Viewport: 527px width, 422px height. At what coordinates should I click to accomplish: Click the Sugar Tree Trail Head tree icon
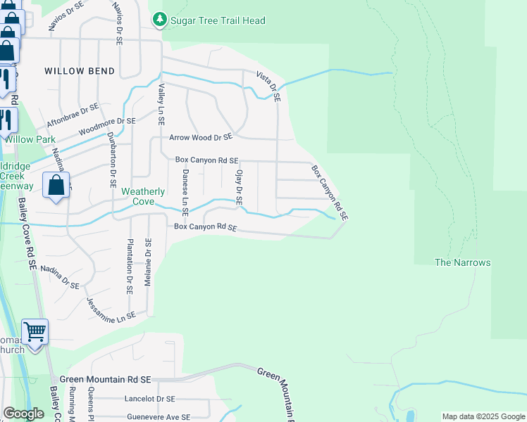tap(161, 20)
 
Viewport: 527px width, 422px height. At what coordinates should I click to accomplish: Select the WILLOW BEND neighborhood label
tap(75, 71)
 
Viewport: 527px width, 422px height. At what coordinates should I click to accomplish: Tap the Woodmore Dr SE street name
tap(106, 126)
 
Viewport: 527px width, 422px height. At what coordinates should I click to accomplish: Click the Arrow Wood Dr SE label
tap(200, 138)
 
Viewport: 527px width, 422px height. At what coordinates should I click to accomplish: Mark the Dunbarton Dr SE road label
tap(112, 162)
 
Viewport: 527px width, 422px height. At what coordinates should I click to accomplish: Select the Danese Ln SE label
tap(185, 191)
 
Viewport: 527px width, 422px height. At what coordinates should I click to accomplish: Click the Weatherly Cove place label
tap(143, 196)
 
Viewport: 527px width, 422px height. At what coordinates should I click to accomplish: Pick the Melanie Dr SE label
tap(148, 262)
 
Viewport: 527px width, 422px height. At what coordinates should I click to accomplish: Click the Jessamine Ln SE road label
tap(111, 309)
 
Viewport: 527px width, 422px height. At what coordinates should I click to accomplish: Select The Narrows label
tap(462, 262)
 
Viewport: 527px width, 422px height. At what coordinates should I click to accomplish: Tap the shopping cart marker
tap(35, 330)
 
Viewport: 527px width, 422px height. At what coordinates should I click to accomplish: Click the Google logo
tap(24, 414)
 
